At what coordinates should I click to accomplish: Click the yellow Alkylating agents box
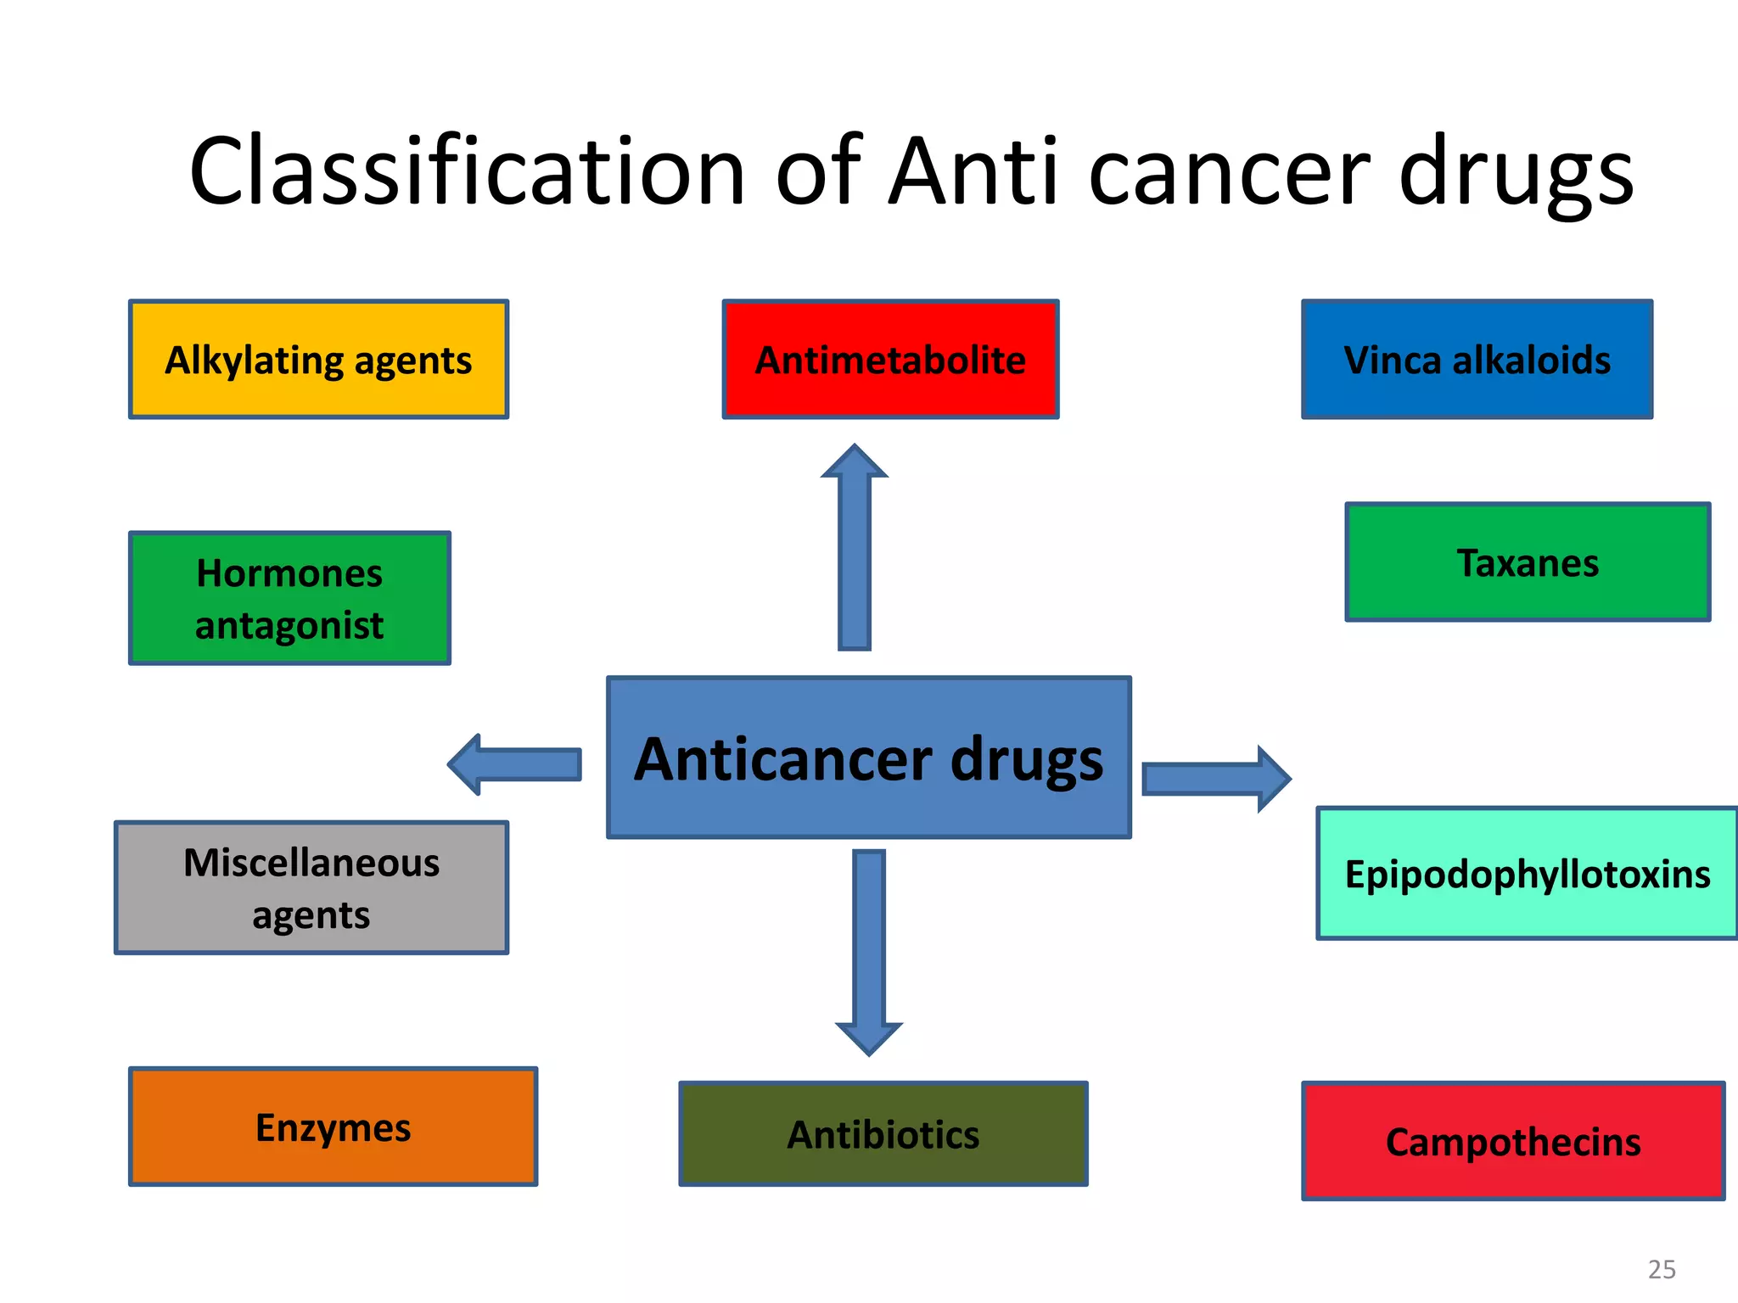click(x=318, y=359)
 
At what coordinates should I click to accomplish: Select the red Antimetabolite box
click(x=890, y=359)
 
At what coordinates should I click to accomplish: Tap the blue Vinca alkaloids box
click(x=1477, y=359)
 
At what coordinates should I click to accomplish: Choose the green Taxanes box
click(x=1528, y=562)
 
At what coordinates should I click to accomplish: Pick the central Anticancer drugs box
click(x=869, y=758)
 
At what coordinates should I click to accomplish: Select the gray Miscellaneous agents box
click(x=311, y=887)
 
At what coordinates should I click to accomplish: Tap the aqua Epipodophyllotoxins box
click(x=1528, y=874)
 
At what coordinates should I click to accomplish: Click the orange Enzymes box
click(x=333, y=1127)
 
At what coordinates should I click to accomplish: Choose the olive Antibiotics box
click(x=883, y=1134)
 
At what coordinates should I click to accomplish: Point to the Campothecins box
click(x=1513, y=1141)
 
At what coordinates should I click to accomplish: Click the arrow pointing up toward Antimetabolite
click(x=855, y=551)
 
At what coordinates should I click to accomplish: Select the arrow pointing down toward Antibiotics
click(x=869, y=950)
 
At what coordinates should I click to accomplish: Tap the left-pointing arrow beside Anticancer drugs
click(x=518, y=764)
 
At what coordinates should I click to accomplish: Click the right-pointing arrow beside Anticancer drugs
click(x=1214, y=779)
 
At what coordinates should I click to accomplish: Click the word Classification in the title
click(x=467, y=172)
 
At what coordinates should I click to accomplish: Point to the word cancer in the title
click(x=1228, y=172)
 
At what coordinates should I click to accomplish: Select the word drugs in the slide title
click(x=1516, y=172)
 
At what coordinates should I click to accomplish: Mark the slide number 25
click(x=1662, y=1269)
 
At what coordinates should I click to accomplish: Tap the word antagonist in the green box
click(x=289, y=626)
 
